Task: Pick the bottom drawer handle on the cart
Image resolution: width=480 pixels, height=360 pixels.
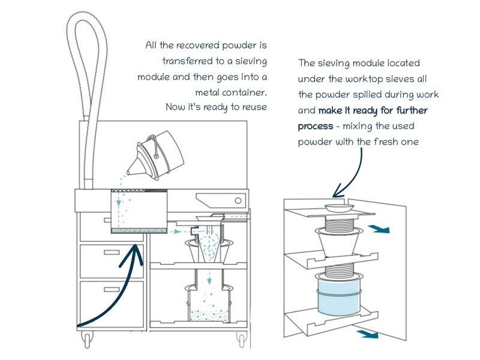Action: [x=112, y=289]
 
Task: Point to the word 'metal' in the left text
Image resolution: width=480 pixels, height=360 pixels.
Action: [x=209, y=92]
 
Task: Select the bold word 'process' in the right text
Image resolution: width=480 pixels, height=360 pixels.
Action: [x=316, y=127]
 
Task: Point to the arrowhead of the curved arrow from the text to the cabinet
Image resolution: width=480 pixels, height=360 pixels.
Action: [x=336, y=193]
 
